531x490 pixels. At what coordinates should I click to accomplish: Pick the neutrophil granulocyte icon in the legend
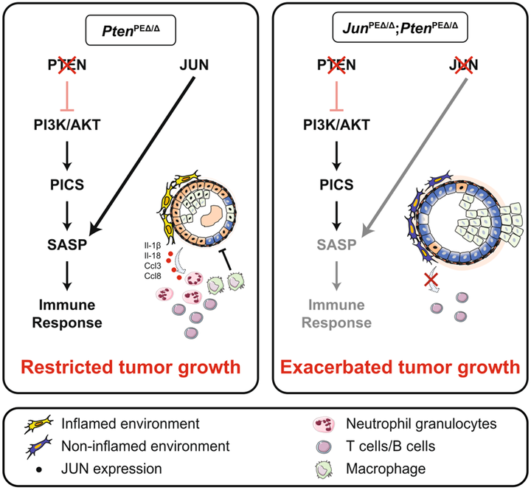click(x=321, y=424)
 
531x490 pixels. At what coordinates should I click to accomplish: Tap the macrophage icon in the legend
click(x=321, y=467)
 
